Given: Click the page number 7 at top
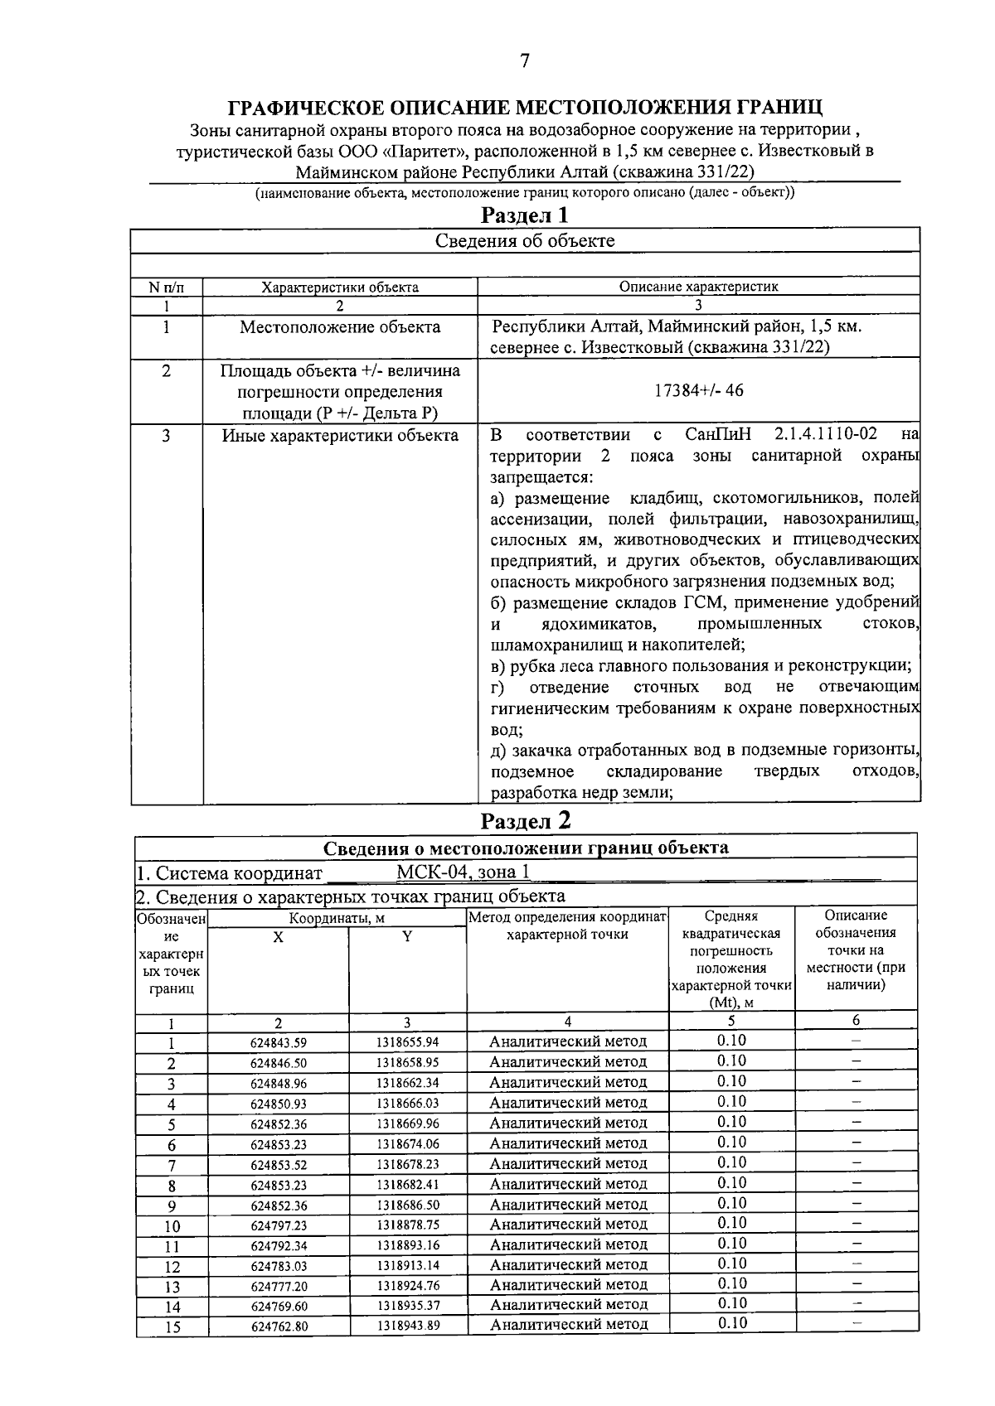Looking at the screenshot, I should (x=524, y=61).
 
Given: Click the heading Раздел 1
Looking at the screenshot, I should (x=526, y=215).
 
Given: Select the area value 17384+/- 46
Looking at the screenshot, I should (x=699, y=391).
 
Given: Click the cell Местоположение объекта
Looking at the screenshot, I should (x=340, y=327).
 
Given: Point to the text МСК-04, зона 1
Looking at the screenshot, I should (x=463, y=872).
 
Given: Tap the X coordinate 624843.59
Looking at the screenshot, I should (x=279, y=1043).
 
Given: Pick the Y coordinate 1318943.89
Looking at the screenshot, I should (x=408, y=1326).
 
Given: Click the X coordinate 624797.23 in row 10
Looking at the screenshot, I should (x=279, y=1225).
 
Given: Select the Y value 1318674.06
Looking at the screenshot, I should (x=408, y=1144).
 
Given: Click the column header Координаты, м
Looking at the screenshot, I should (x=337, y=918).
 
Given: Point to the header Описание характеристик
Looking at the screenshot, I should (x=699, y=287).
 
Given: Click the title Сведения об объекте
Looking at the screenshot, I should (x=525, y=241).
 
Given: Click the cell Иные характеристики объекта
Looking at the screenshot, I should (x=340, y=436).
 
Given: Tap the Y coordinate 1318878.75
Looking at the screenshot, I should (x=408, y=1225).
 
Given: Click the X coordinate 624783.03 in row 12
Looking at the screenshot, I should (x=279, y=1266).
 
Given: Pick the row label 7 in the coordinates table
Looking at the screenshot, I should (x=172, y=1165).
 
